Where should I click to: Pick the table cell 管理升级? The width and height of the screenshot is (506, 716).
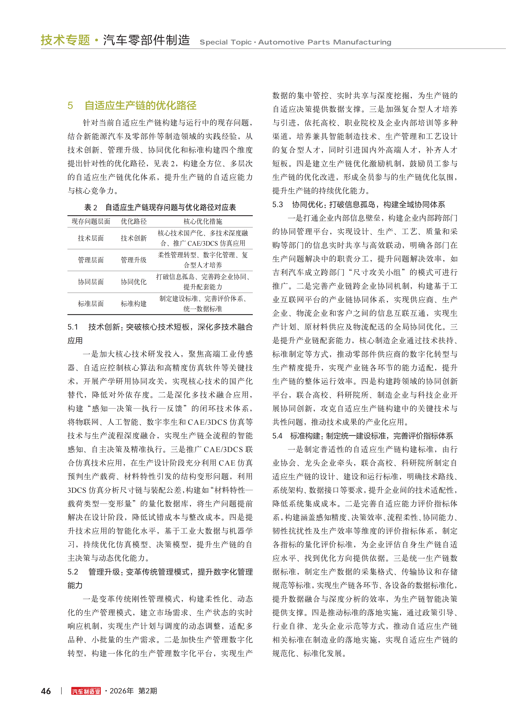pos(134,260)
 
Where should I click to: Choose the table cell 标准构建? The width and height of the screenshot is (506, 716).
pos(134,304)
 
